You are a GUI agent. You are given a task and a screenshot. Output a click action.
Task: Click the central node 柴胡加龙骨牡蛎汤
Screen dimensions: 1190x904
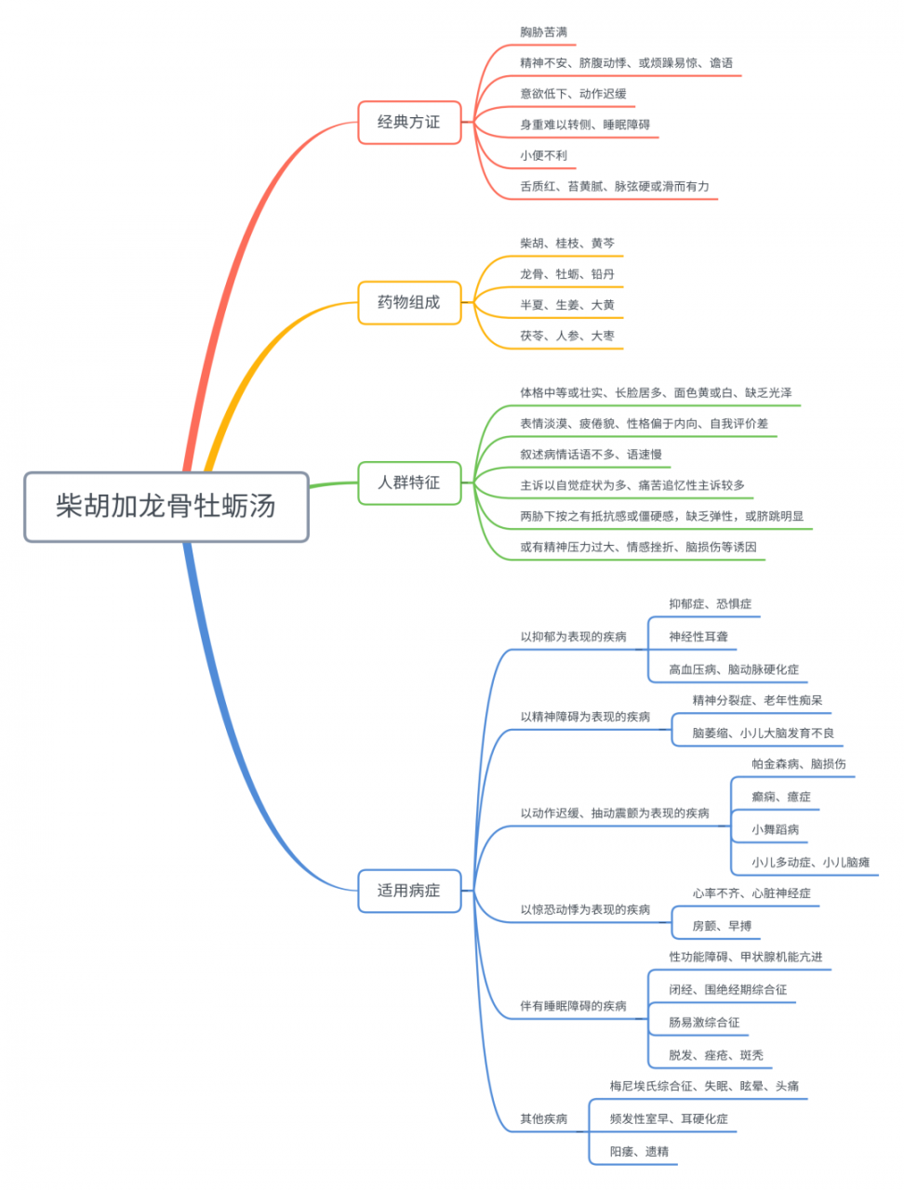point(166,507)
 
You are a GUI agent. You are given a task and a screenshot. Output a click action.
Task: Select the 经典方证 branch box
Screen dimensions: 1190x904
point(409,123)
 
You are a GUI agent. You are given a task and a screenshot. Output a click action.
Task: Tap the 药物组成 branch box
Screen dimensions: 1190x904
point(409,303)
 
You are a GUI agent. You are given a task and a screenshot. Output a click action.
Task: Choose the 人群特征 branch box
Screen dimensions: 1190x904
point(409,483)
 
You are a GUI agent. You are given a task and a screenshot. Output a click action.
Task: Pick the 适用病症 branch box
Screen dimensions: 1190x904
point(409,891)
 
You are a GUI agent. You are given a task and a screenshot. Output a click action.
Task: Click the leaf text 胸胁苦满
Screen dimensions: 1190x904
point(543,33)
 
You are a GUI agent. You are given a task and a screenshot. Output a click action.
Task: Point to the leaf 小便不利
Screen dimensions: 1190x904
point(543,156)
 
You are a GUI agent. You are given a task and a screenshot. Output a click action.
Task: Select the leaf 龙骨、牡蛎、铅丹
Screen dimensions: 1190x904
point(567,274)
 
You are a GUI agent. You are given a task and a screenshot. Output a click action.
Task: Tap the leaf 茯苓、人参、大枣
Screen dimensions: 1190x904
point(567,336)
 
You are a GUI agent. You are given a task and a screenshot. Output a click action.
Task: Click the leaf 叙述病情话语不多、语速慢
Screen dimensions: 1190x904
point(591,455)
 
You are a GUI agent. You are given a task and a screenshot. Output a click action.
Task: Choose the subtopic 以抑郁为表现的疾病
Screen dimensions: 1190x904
point(573,637)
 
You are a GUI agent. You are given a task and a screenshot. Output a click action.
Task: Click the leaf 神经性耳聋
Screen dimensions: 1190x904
point(698,637)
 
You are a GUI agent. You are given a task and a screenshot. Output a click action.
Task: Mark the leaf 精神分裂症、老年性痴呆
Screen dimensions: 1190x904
point(757,700)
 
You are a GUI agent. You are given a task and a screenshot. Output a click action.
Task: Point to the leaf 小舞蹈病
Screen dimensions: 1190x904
point(776,829)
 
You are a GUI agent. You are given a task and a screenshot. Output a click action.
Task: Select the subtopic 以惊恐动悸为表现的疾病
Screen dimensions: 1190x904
point(585,909)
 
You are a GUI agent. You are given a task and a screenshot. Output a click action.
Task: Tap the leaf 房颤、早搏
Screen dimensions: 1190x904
point(722,926)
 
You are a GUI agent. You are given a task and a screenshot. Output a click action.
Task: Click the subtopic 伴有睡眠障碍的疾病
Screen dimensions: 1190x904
point(573,1006)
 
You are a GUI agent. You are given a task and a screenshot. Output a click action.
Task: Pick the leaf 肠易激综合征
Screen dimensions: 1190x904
point(704,1023)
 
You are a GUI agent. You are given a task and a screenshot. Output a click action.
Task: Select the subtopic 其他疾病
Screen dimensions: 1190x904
point(543,1119)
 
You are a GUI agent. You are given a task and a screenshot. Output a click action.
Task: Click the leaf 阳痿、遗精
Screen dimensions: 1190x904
point(639,1152)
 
